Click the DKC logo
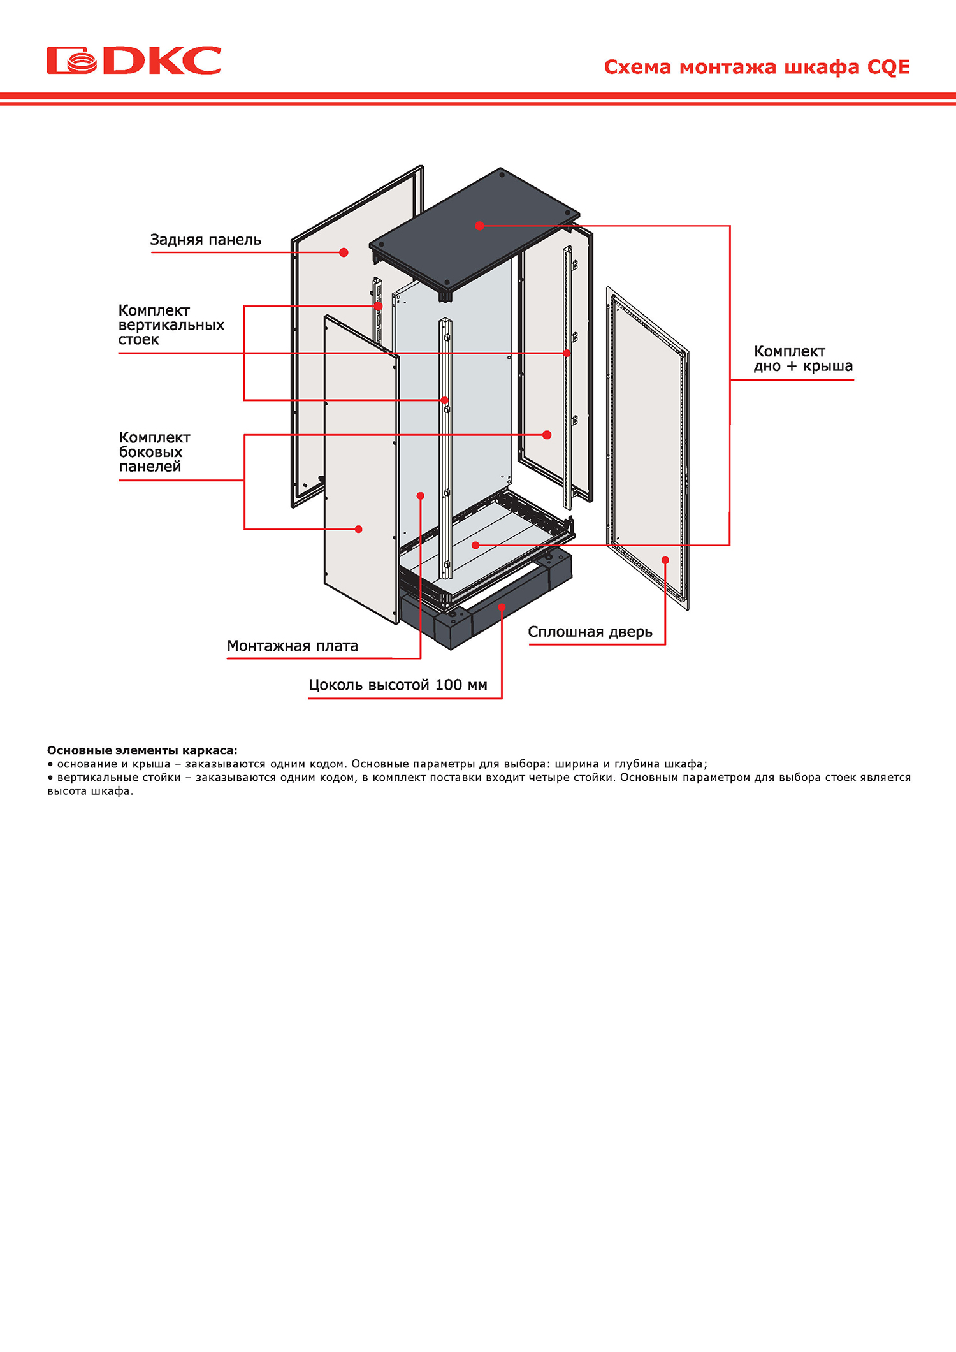[134, 60]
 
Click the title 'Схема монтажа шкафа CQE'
[757, 67]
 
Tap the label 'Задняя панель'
[205, 240]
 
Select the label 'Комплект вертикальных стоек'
[171, 325]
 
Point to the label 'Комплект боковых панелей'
[154, 452]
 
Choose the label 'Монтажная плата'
[293, 646]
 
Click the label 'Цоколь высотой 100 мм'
[398, 685]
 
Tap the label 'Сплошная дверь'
[590, 632]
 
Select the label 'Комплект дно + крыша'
[803, 359]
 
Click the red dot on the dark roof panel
[479, 226]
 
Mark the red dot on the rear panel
[344, 252]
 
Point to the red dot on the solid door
[665, 560]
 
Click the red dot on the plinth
[502, 607]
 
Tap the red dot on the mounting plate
[420, 496]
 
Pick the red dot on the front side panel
[359, 529]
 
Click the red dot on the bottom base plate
[475, 545]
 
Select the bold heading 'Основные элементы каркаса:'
[142, 751]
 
